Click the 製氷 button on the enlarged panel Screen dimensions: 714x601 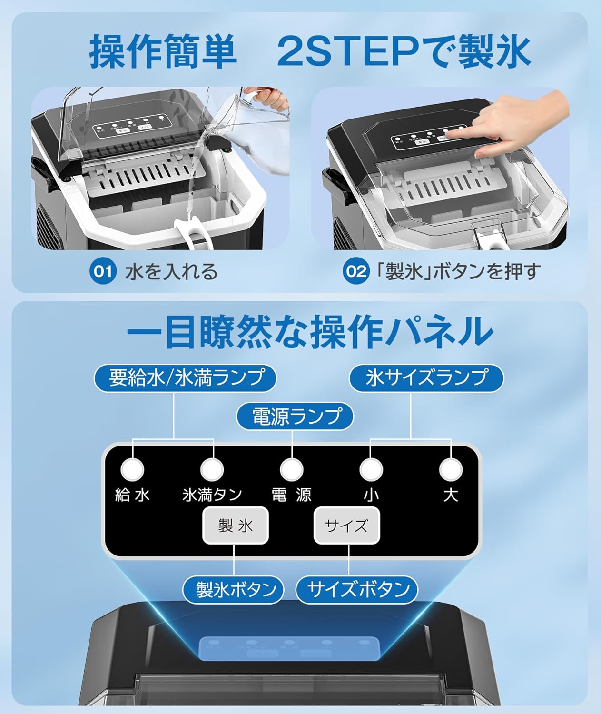coord(236,526)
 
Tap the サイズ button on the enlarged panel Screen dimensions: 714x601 coord(346,526)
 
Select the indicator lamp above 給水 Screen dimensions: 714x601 coord(132,470)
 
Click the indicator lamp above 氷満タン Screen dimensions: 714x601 coord(212,470)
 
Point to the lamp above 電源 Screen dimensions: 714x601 coord(291,470)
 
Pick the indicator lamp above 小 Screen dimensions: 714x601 coord(371,470)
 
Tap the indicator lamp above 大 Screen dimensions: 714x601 coord(451,470)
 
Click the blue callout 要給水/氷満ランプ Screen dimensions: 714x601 coord(186,378)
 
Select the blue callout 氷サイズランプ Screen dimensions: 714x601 coord(427,378)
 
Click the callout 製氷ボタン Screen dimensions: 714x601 coord(234,589)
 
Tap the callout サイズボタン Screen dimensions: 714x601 coord(357,589)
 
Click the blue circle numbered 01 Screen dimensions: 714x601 coord(103,271)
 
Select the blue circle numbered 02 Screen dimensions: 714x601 coord(355,271)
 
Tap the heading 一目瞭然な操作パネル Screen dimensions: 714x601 coord(309,331)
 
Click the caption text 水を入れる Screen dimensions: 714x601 coord(171,272)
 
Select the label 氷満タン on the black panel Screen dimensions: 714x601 coord(212,495)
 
